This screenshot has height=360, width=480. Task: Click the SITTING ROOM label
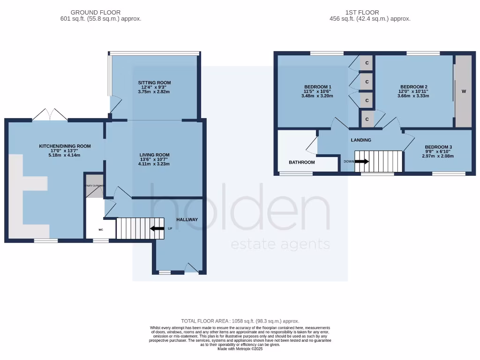154,82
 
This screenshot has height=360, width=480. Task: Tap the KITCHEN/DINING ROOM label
65,146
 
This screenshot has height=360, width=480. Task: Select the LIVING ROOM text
154,155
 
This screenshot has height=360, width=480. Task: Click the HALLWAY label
187,219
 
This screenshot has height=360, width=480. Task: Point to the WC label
100,230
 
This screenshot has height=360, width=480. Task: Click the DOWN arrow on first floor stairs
361,161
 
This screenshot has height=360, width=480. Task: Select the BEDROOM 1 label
318,87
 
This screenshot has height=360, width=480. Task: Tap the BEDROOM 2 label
413,87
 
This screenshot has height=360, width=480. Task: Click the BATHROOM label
301,162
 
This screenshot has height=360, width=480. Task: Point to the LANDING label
361,140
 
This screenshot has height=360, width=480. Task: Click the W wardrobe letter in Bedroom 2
464,91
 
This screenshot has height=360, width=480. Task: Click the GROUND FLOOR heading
96,12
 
